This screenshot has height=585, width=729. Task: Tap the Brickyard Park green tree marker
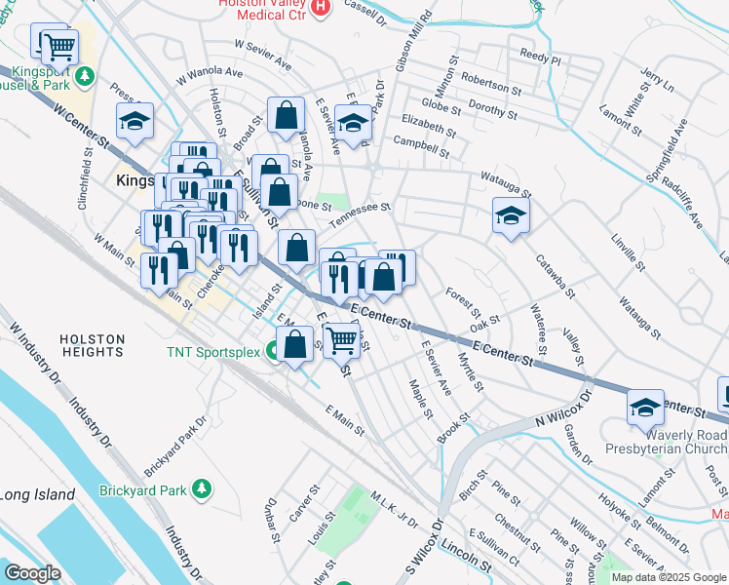point(202,487)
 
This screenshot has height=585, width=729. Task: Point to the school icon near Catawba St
point(509,215)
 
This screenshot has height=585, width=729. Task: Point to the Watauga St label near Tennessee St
point(504,185)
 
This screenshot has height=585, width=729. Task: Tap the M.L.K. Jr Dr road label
point(393,509)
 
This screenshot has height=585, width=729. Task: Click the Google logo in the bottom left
point(32,572)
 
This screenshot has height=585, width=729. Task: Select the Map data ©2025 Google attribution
point(669,577)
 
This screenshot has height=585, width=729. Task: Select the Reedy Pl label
point(540,57)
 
